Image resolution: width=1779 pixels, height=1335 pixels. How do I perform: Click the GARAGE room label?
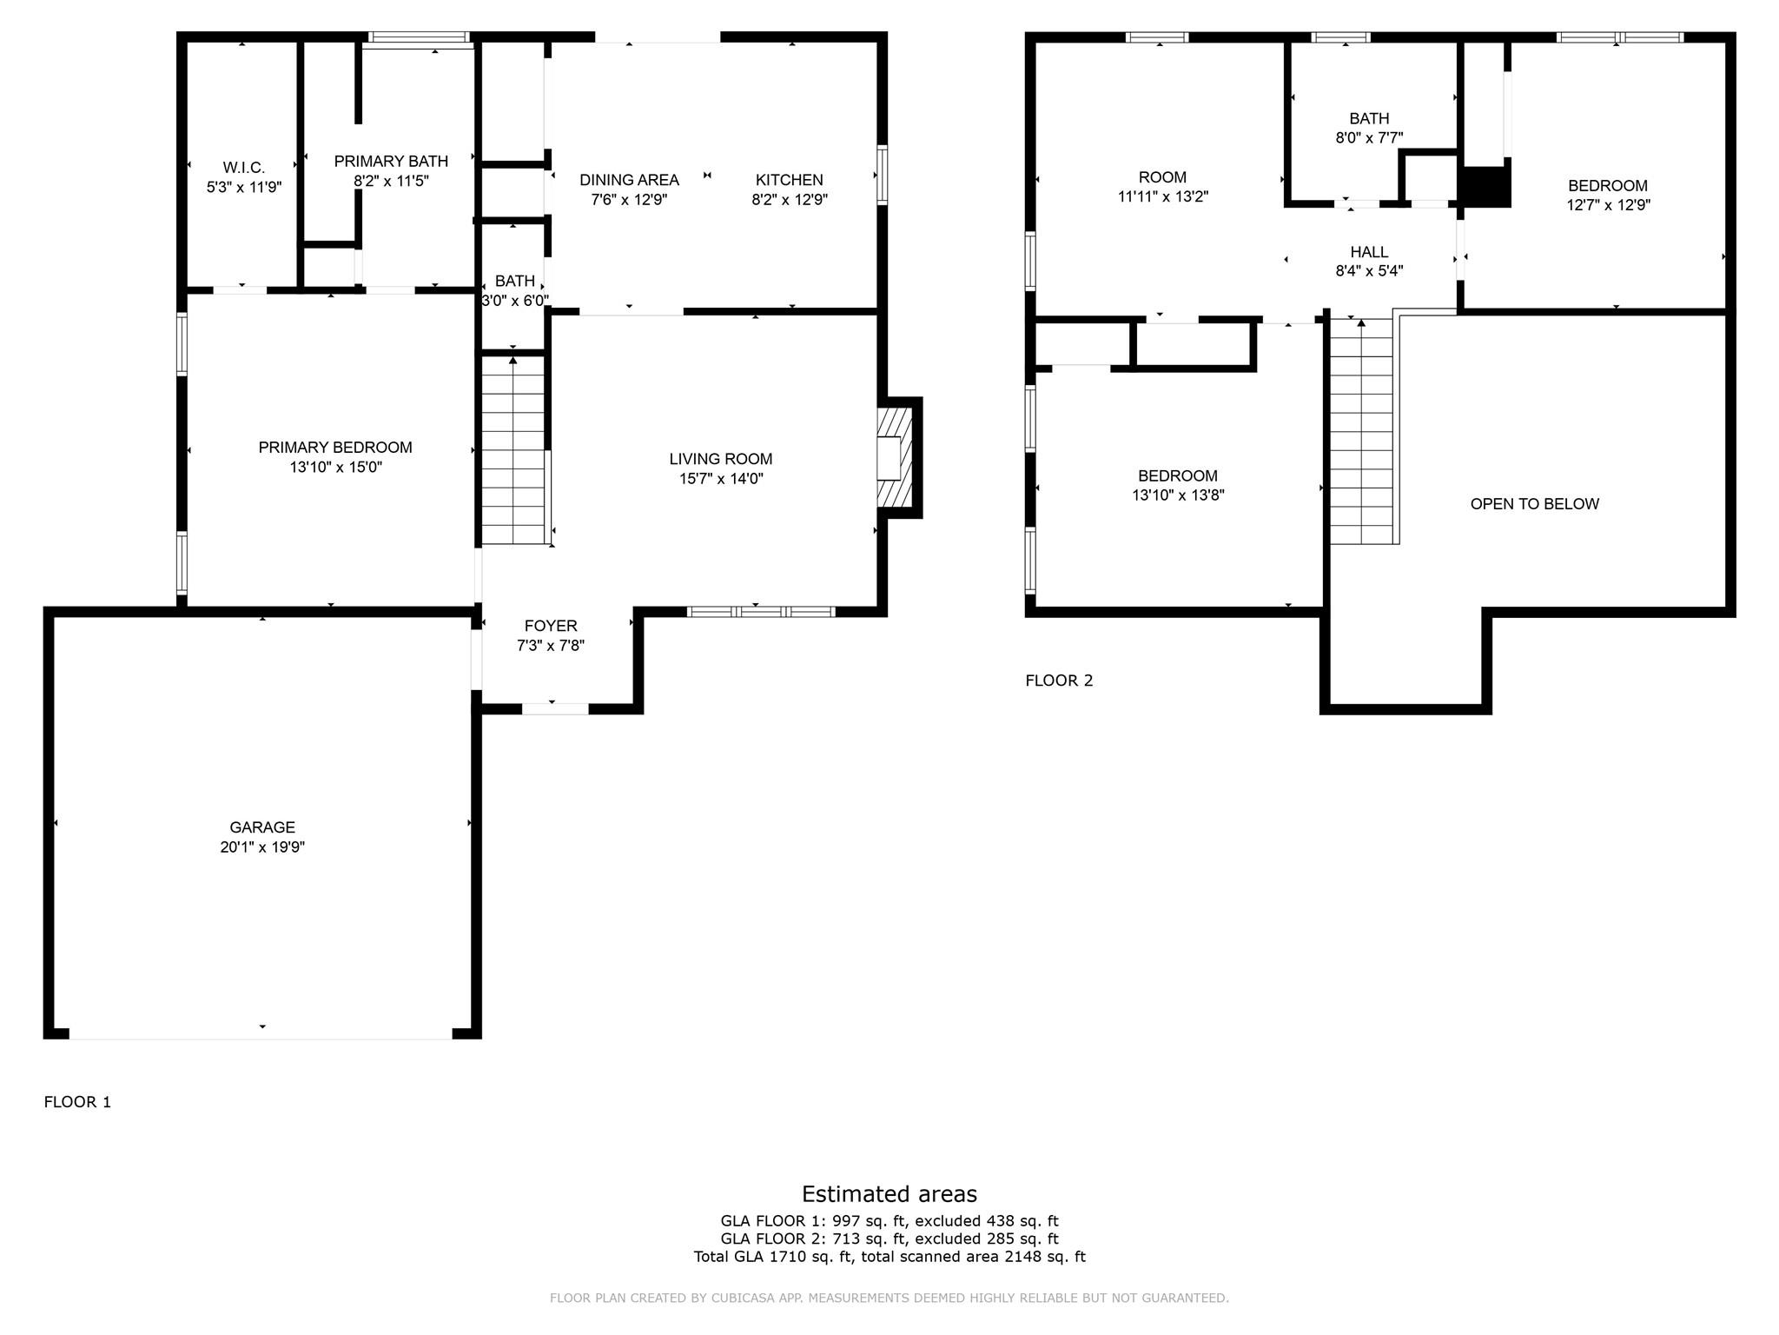(261, 827)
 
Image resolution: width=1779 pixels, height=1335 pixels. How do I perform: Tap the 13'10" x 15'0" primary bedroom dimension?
(335, 468)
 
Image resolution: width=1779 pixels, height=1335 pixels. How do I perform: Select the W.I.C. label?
(243, 168)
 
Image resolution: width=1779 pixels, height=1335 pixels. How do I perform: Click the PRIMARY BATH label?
(391, 162)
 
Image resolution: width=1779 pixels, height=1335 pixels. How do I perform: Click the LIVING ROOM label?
(720, 459)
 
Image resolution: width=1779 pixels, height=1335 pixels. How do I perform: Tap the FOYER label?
(550, 626)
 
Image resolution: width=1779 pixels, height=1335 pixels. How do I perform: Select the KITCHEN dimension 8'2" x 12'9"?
(789, 200)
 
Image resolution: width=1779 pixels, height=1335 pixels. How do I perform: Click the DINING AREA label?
(629, 180)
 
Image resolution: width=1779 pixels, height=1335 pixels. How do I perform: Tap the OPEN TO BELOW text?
(1534, 504)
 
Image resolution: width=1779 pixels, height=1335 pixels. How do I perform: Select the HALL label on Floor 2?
(1369, 252)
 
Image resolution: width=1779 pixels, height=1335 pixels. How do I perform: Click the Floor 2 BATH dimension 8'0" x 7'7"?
(1369, 138)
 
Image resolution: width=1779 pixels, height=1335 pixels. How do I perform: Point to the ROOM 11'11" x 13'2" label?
(1162, 178)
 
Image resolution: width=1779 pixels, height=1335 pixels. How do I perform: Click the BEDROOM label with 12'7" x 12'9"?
(1607, 186)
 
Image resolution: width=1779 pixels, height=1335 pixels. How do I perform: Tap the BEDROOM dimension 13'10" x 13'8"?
(1177, 495)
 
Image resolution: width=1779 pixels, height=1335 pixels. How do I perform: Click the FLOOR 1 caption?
(77, 1102)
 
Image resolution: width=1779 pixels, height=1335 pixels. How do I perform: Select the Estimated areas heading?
(889, 1193)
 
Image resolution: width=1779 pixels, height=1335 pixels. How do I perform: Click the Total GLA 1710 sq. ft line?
(889, 1257)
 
